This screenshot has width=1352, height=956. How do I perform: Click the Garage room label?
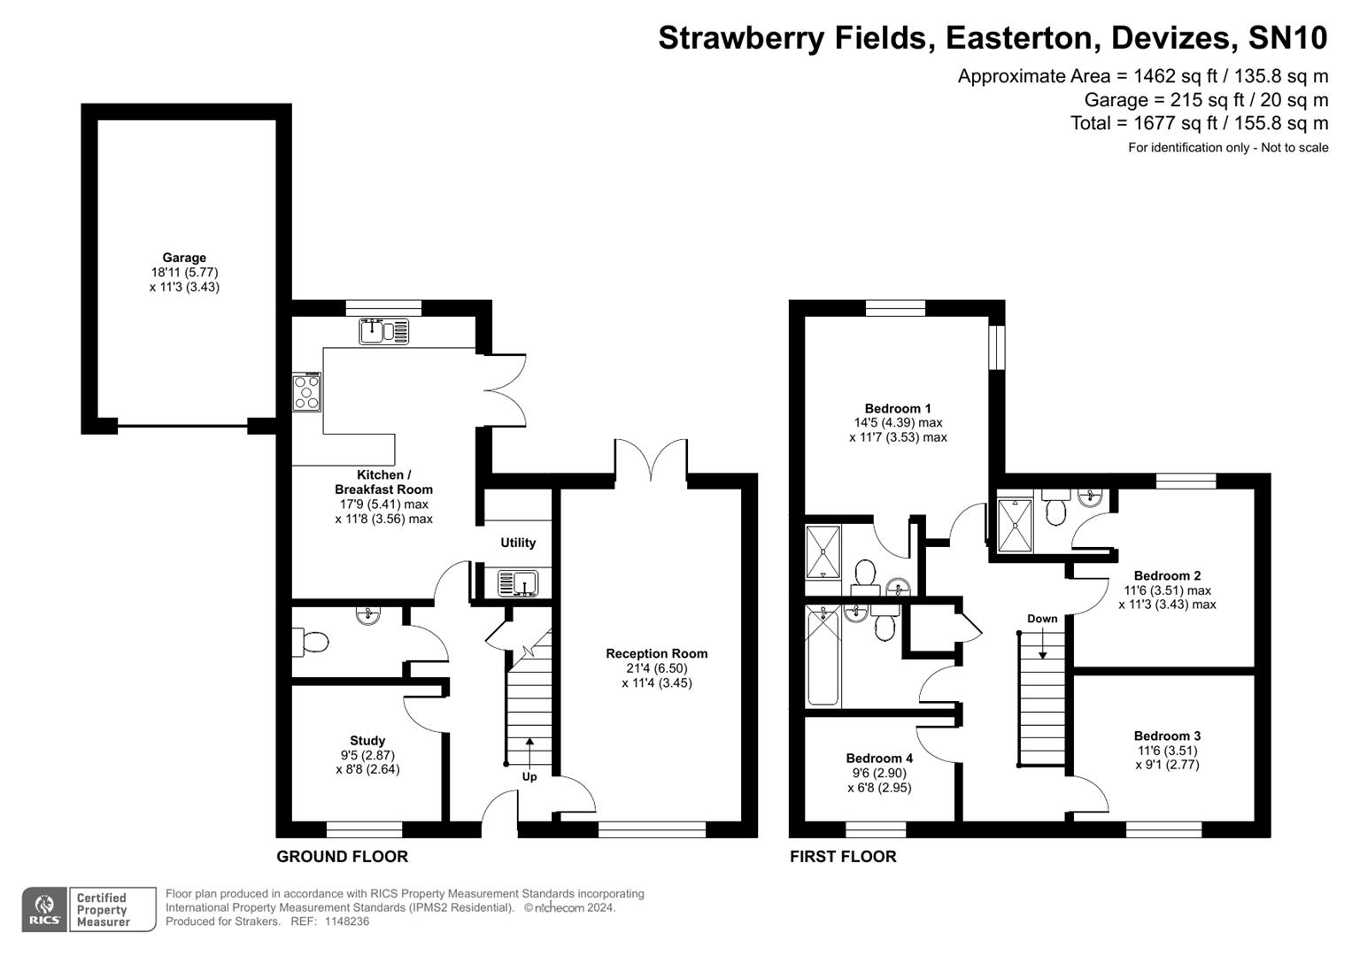pos(184,258)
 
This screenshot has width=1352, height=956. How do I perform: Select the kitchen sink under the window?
pos(383,331)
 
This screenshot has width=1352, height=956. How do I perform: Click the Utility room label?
pos(518,543)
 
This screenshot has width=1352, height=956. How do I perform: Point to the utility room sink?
pos(518,584)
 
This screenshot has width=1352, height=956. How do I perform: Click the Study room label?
pos(367,741)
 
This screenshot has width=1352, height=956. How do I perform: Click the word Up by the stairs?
pos(529,777)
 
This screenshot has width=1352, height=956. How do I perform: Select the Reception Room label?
pos(656,654)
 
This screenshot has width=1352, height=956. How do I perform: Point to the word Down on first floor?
pos(1042,619)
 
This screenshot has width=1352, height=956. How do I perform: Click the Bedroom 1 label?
pos(898,408)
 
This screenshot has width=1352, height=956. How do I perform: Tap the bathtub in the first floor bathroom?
pos(823,656)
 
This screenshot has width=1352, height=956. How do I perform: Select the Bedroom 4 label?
pos(879,759)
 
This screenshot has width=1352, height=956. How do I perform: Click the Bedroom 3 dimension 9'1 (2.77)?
pos(1167,765)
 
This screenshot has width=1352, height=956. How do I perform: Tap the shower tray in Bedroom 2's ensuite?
pos(1015,526)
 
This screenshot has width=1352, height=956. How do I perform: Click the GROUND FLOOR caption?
pos(342,857)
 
